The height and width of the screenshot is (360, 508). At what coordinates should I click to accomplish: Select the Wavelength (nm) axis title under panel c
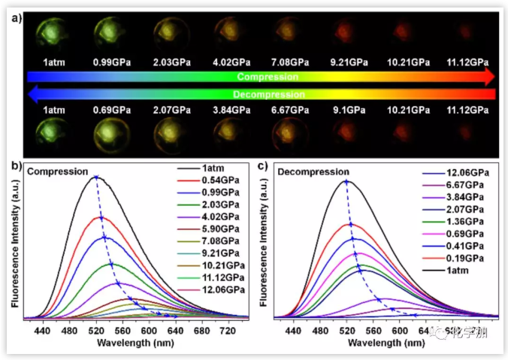[x=385, y=343]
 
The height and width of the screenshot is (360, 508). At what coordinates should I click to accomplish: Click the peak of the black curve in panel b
[x=95, y=178]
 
